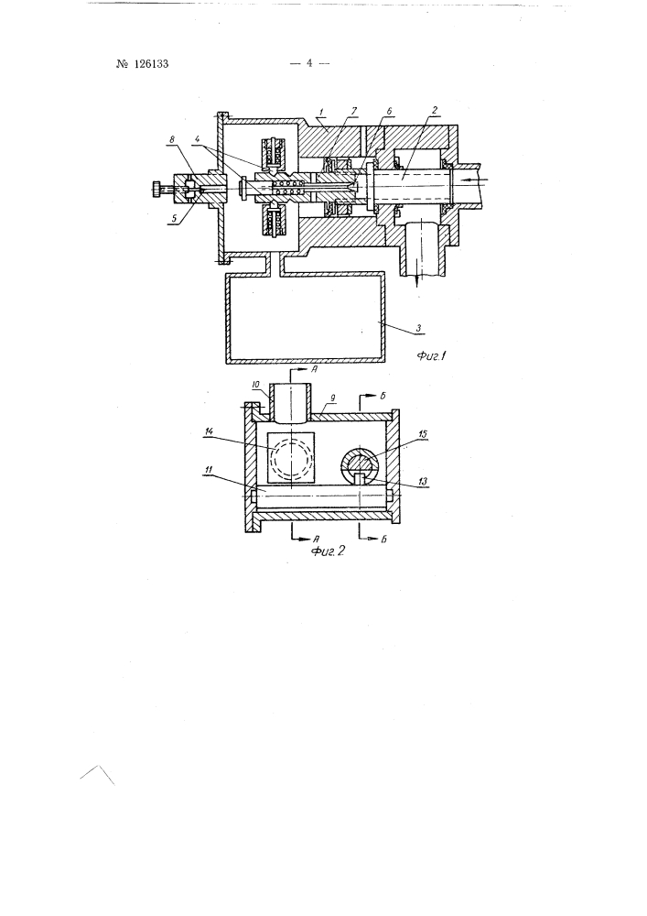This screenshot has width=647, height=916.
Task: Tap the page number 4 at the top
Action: click(x=310, y=63)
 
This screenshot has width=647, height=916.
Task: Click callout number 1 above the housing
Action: click(x=321, y=111)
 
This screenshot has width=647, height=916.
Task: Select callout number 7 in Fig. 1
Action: click(x=354, y=111)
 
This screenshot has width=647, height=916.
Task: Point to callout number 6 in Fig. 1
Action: click(x=389, y=111)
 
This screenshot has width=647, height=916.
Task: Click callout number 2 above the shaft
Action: click(x=435, y=111)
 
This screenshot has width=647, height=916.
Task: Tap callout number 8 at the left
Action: click(x=172, y=140)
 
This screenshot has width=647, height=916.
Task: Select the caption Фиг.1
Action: click(x=432, y=355)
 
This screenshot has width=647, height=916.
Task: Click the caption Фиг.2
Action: click(x=328, y=550)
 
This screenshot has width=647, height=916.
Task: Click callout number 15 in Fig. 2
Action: click(x=423, y=433)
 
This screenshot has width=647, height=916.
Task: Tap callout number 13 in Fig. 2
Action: click(x=423, y=482)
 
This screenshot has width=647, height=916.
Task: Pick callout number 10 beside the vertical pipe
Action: click(x=255, y=385)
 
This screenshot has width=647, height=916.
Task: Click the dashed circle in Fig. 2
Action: click(x=290, y=458)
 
